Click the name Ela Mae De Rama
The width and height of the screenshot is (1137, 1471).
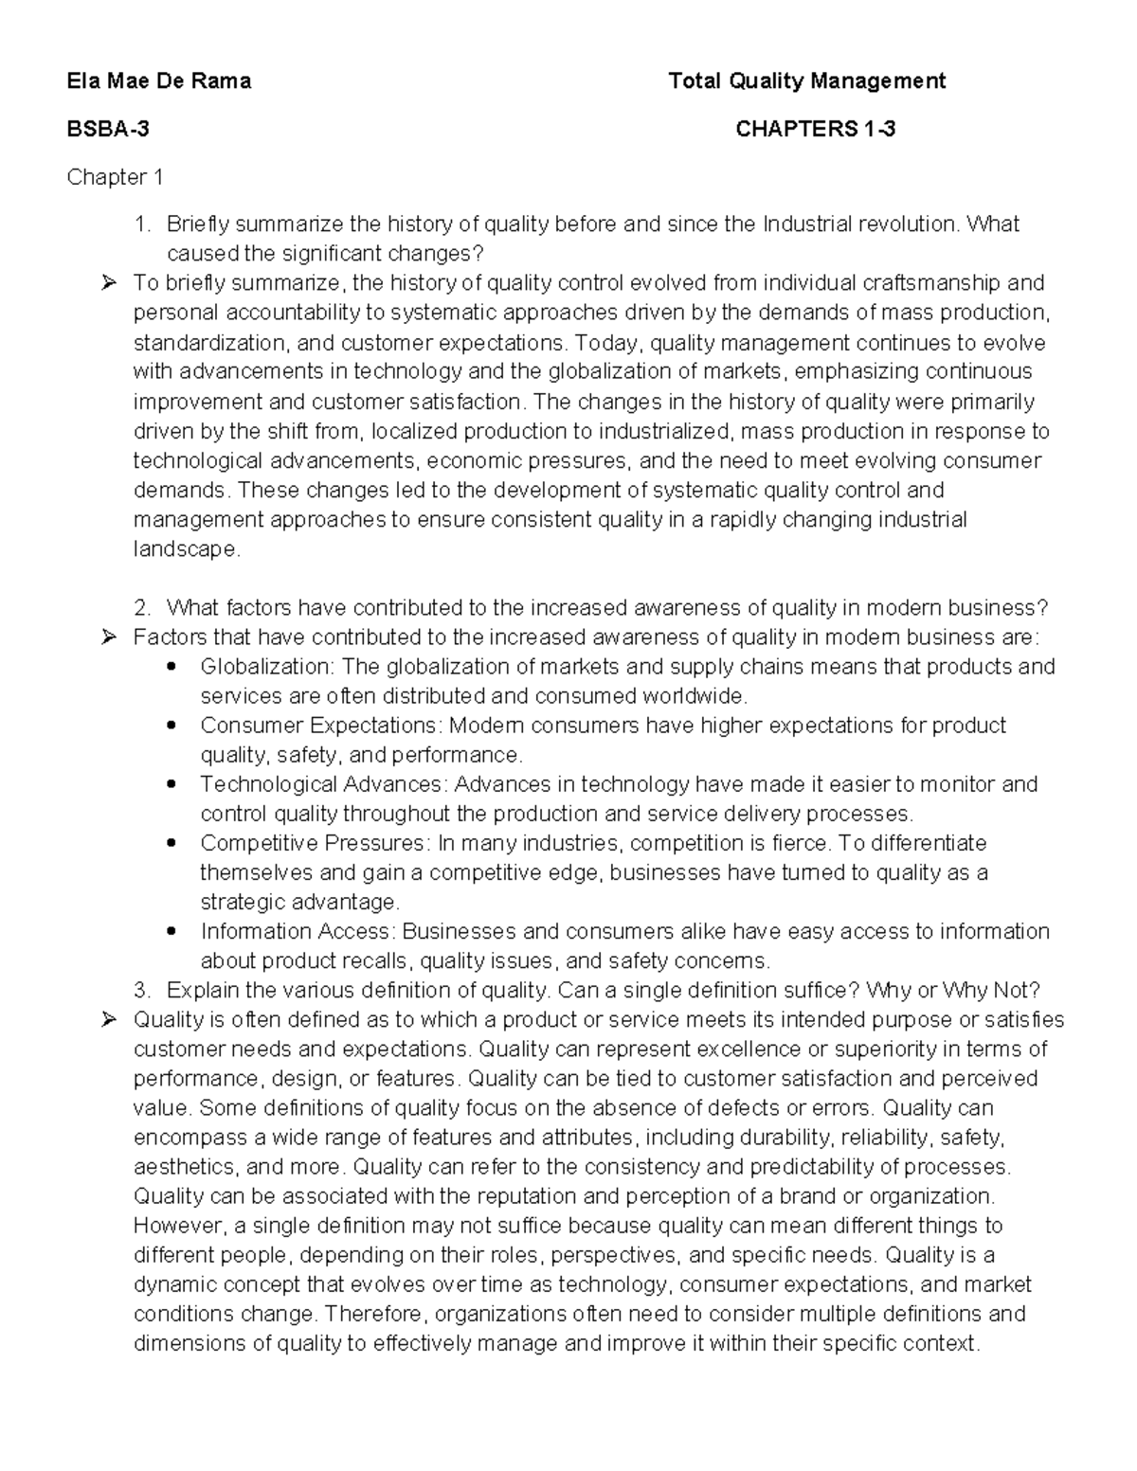(x=158, y=81)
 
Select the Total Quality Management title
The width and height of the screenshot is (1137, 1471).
(x=806, y=81)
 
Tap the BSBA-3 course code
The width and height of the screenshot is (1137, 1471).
(x=107, y=129)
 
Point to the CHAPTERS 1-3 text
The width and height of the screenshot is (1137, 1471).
(x=815, y=129)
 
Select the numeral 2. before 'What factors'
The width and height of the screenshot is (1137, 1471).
(x=142, y=607)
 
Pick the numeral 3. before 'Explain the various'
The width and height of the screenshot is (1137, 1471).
(x=142, y=991)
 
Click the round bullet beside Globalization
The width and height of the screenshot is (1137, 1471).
(x=171, y=667)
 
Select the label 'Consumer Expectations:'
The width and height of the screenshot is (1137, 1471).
(x=321, y=726)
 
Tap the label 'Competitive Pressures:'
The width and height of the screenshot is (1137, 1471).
(x=316, y=843)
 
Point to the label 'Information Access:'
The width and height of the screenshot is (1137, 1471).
(x=298, y=931)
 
